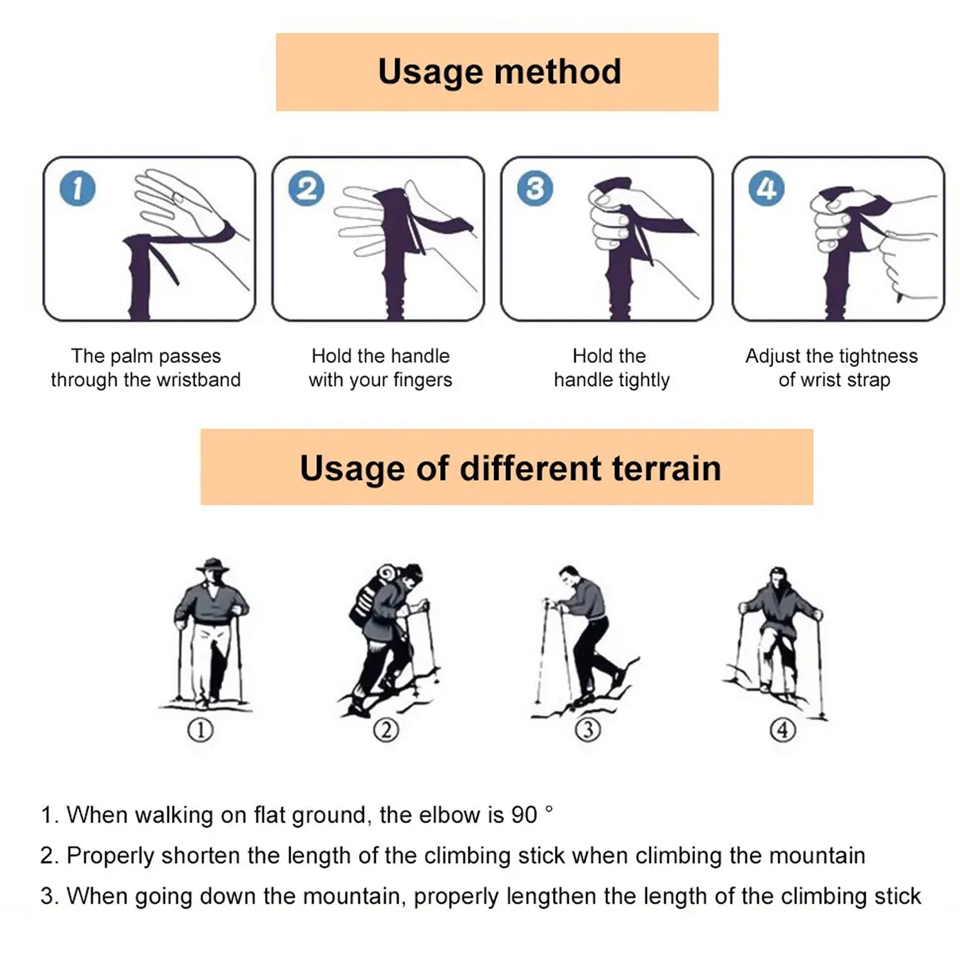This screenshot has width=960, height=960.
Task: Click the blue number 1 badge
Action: (77, 189)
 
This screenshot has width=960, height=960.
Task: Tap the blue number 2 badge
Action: (306, 189)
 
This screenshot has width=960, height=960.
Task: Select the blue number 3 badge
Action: (535, 189)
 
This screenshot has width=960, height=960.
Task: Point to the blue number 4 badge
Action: (766, 189)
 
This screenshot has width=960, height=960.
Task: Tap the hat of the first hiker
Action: (212, 565)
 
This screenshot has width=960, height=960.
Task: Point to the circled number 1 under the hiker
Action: (200, 730)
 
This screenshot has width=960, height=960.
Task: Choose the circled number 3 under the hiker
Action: (588, 730)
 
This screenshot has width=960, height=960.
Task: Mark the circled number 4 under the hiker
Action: (783, 730)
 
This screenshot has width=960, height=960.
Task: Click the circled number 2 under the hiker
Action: (386, 730)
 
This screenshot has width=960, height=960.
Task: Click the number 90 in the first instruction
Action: (524, 815)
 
